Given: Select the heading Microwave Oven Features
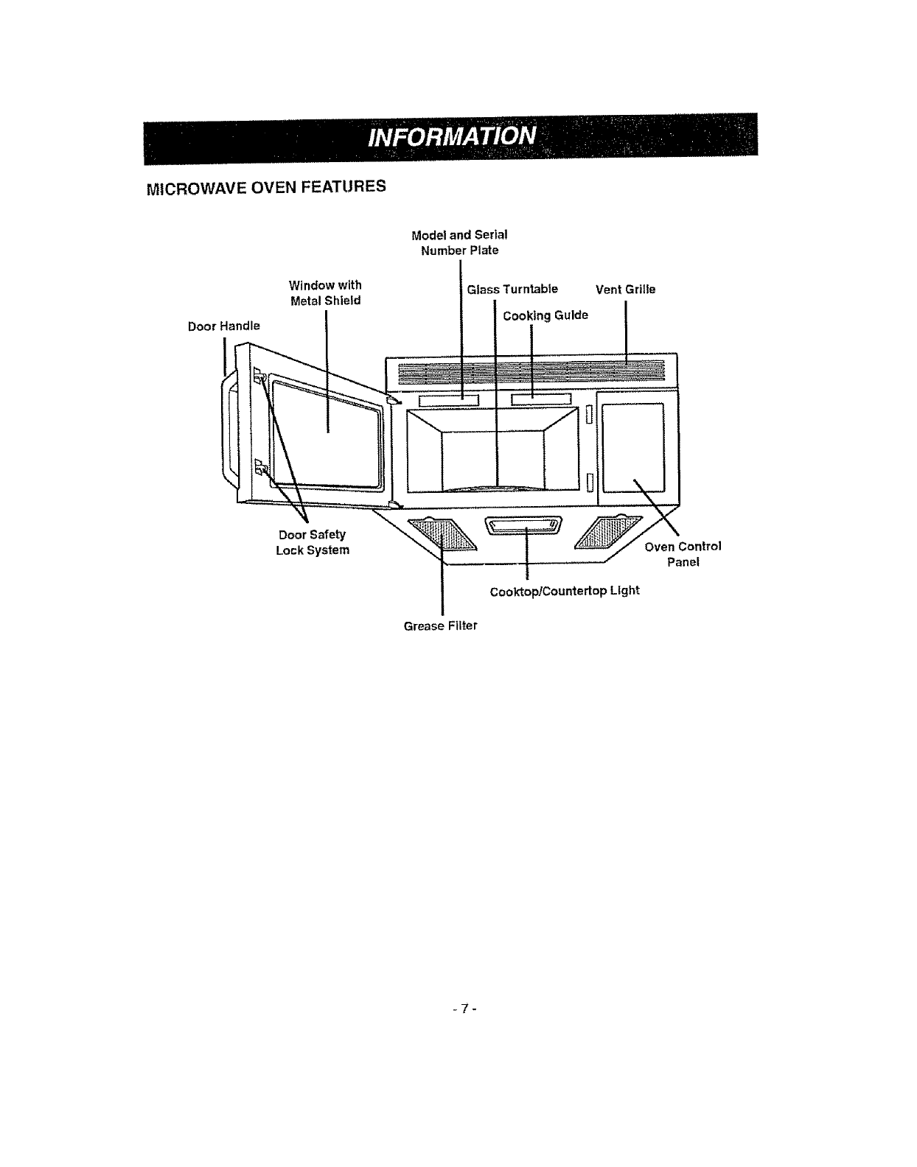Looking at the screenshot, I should coord(266,187).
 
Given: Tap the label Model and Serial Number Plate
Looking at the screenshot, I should coord(459,242).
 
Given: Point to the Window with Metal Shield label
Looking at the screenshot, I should coord(325,292).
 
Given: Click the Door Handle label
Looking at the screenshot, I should coord(223,326).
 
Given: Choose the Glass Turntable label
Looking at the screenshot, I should coord(512,289).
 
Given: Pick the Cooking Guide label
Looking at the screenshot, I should coord(545,316).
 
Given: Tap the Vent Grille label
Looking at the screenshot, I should coord(625,290).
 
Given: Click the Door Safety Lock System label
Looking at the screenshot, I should coord(313,542).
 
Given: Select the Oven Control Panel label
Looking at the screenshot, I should coord(683,554).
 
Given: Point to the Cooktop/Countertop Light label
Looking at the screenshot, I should coord(565,591).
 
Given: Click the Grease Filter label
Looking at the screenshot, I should coord(440,626).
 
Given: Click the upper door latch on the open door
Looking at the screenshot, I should coord(259,376).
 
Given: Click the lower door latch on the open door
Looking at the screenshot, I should coord(259,467).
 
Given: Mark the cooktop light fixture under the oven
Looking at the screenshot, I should coord(524,525).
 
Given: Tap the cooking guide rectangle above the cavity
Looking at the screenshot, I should coord(541,400).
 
